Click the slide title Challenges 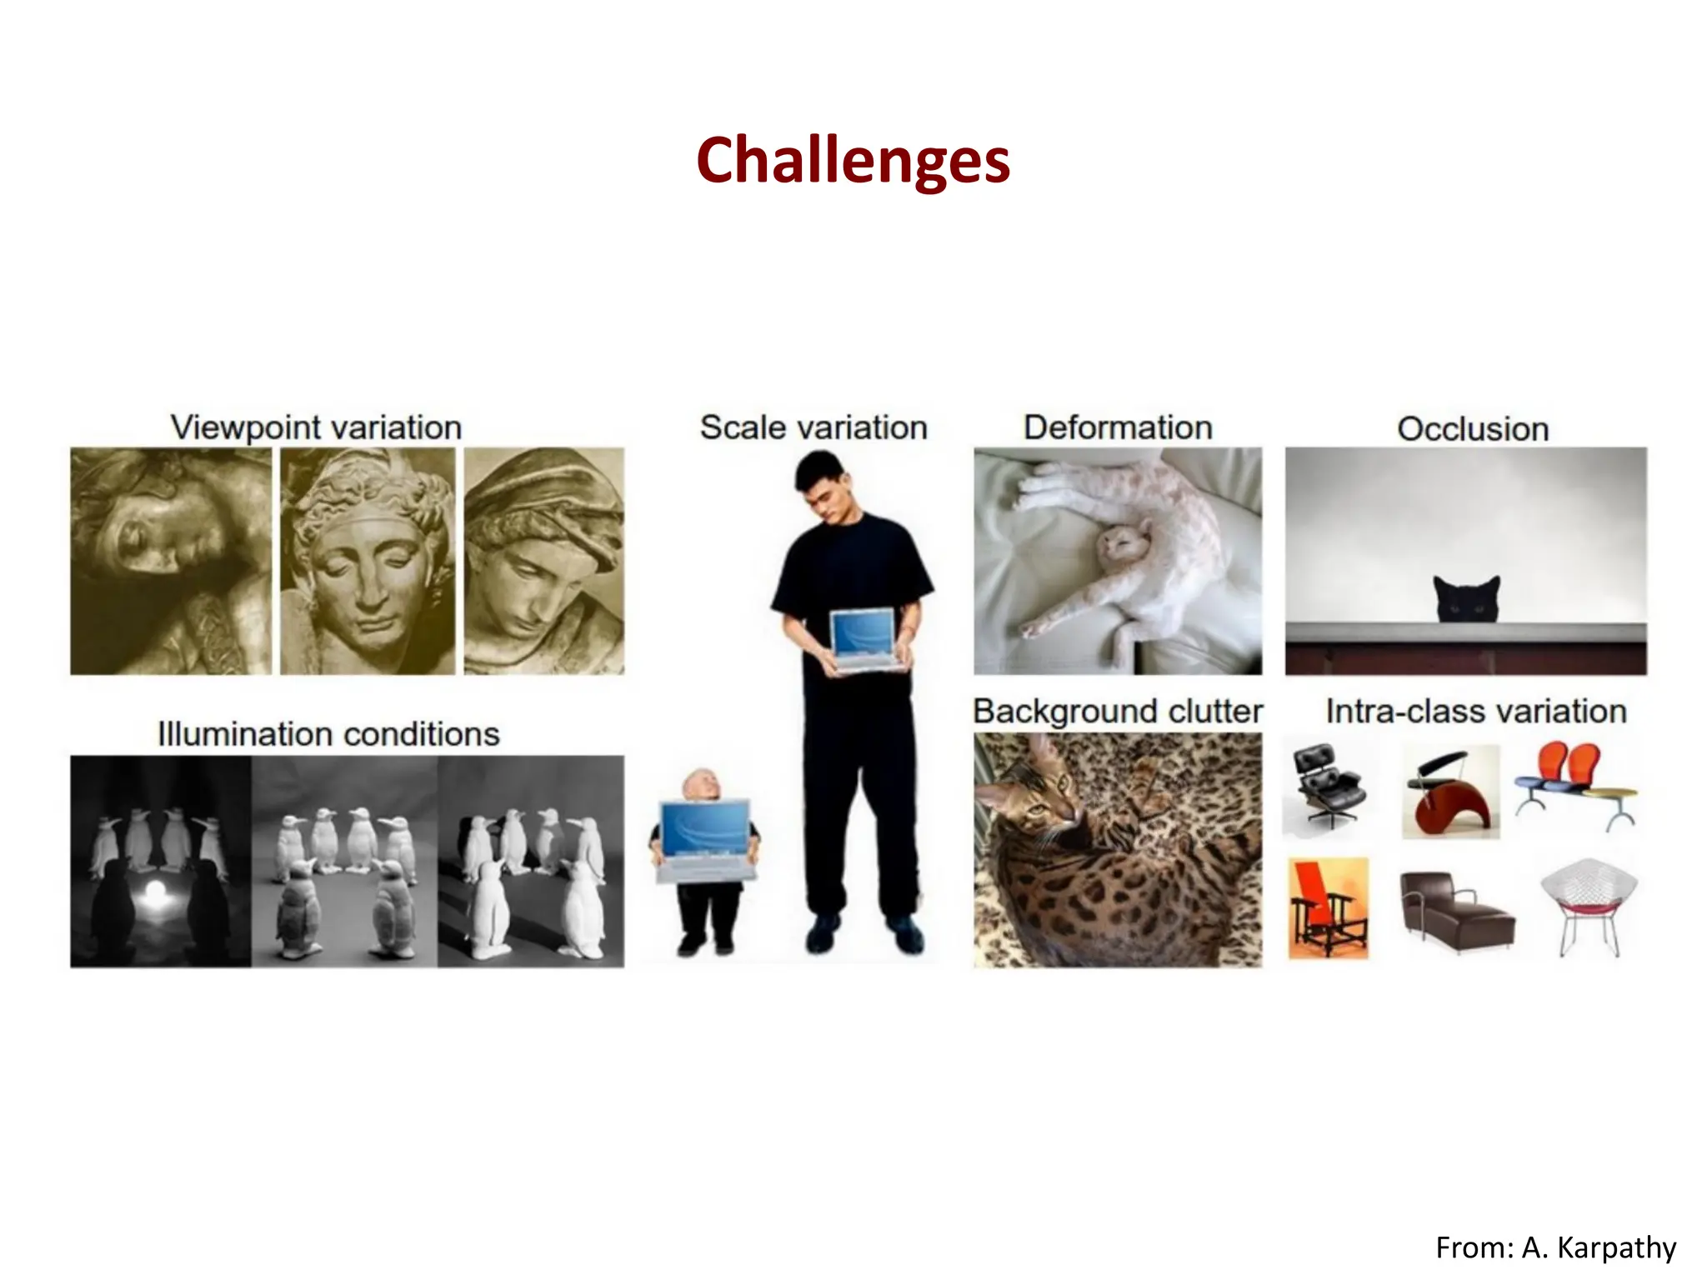[853, 160]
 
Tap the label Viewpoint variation [316, 427]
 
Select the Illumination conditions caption [328, 734]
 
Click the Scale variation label [813, 427]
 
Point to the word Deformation [1118, 427]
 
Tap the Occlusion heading [1473, 429]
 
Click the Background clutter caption [1118, 712]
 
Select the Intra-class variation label [1476, 712]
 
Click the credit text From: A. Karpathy [1555, 1247]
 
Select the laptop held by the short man [707, 837]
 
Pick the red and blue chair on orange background [1328, 908]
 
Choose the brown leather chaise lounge [1454, 911]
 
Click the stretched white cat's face [1119, 546]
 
